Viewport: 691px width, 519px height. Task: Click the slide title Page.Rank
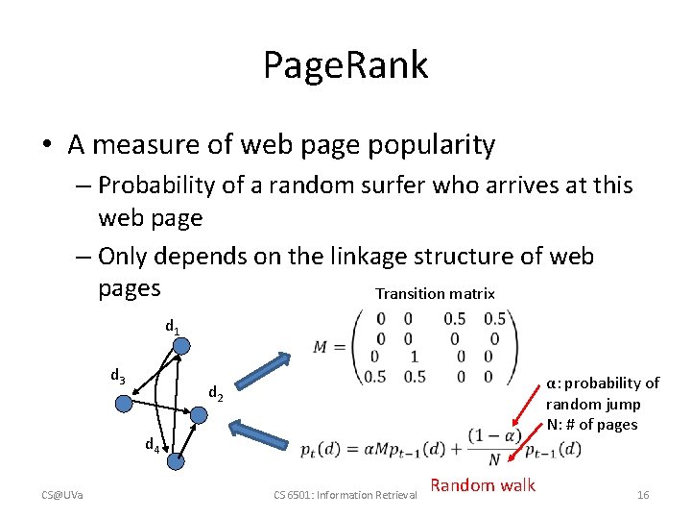pos(345,65)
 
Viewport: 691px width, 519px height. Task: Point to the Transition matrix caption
pos(435,294)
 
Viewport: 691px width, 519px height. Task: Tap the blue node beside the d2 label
pos(197,413)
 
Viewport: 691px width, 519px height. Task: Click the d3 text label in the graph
pos(117,376)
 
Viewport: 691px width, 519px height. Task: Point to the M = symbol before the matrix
pos(330,347)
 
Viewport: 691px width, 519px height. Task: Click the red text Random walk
pos(483,485)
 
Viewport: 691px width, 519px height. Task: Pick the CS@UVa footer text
pos(61,495)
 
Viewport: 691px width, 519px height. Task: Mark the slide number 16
pos(643,495)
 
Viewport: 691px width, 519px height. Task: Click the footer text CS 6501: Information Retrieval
pos(345,495)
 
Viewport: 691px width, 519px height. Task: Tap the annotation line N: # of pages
pos(591,424)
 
